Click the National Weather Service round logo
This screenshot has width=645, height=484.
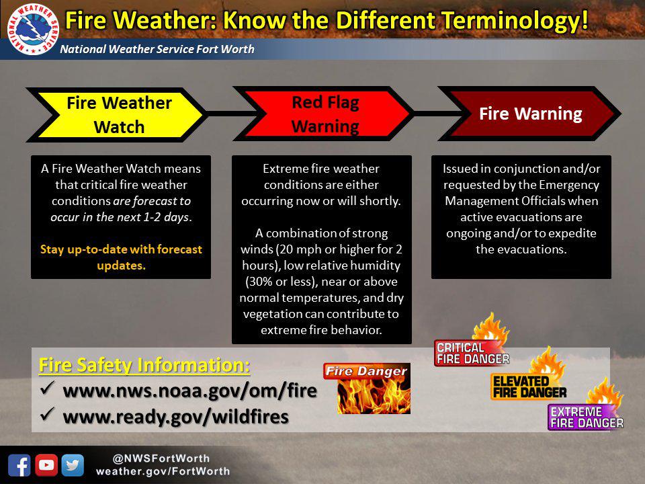coord(33,29)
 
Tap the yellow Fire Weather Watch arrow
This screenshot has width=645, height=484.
coord(116,115)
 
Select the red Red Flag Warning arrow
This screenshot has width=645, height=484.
coord(323,114)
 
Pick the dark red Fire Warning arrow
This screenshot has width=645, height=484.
coord(529,114)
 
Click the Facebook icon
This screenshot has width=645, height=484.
coord(19,465)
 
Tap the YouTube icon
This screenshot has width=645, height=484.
coord(46,465)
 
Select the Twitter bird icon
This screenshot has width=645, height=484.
coord(73,465)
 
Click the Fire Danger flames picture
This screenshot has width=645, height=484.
coord(367,388)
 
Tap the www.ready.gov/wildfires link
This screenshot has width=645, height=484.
coord(175,417)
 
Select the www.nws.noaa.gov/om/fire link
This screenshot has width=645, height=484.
coord(189,391)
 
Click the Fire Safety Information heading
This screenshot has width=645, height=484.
coord(144,365)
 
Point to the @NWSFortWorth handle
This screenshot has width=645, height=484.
coord(161,458)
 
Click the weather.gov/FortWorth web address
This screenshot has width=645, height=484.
coord(163,471)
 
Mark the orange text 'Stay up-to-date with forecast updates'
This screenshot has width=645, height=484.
coord(122,257)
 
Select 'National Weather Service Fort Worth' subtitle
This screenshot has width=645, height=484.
coord(157,49)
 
